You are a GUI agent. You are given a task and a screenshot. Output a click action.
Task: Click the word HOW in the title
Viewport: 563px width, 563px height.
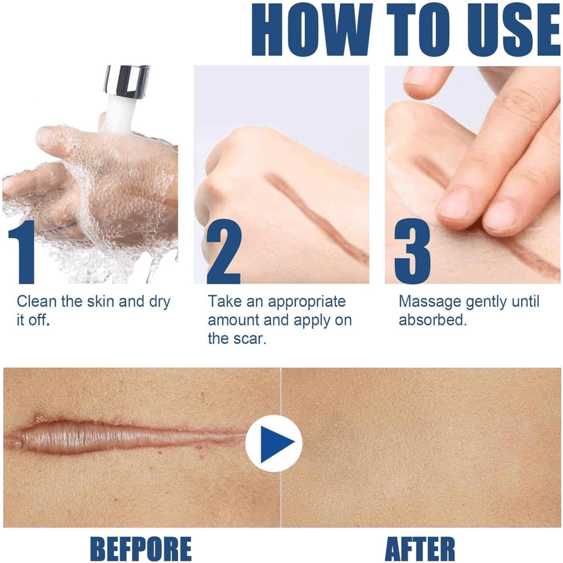click(311, 29)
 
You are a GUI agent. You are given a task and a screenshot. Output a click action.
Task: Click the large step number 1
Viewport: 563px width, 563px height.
click(22, 252)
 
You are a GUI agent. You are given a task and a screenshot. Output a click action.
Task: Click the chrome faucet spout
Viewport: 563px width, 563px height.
click(127, 81)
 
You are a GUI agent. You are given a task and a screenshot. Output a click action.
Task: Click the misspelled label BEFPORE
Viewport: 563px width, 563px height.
click(140, 548)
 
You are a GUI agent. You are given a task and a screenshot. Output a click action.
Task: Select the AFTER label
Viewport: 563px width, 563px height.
click(420, 548)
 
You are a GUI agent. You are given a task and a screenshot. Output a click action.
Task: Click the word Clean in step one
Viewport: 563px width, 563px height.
click(36, 302)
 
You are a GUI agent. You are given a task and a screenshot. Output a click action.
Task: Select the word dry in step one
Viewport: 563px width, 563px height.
click(159, 303)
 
